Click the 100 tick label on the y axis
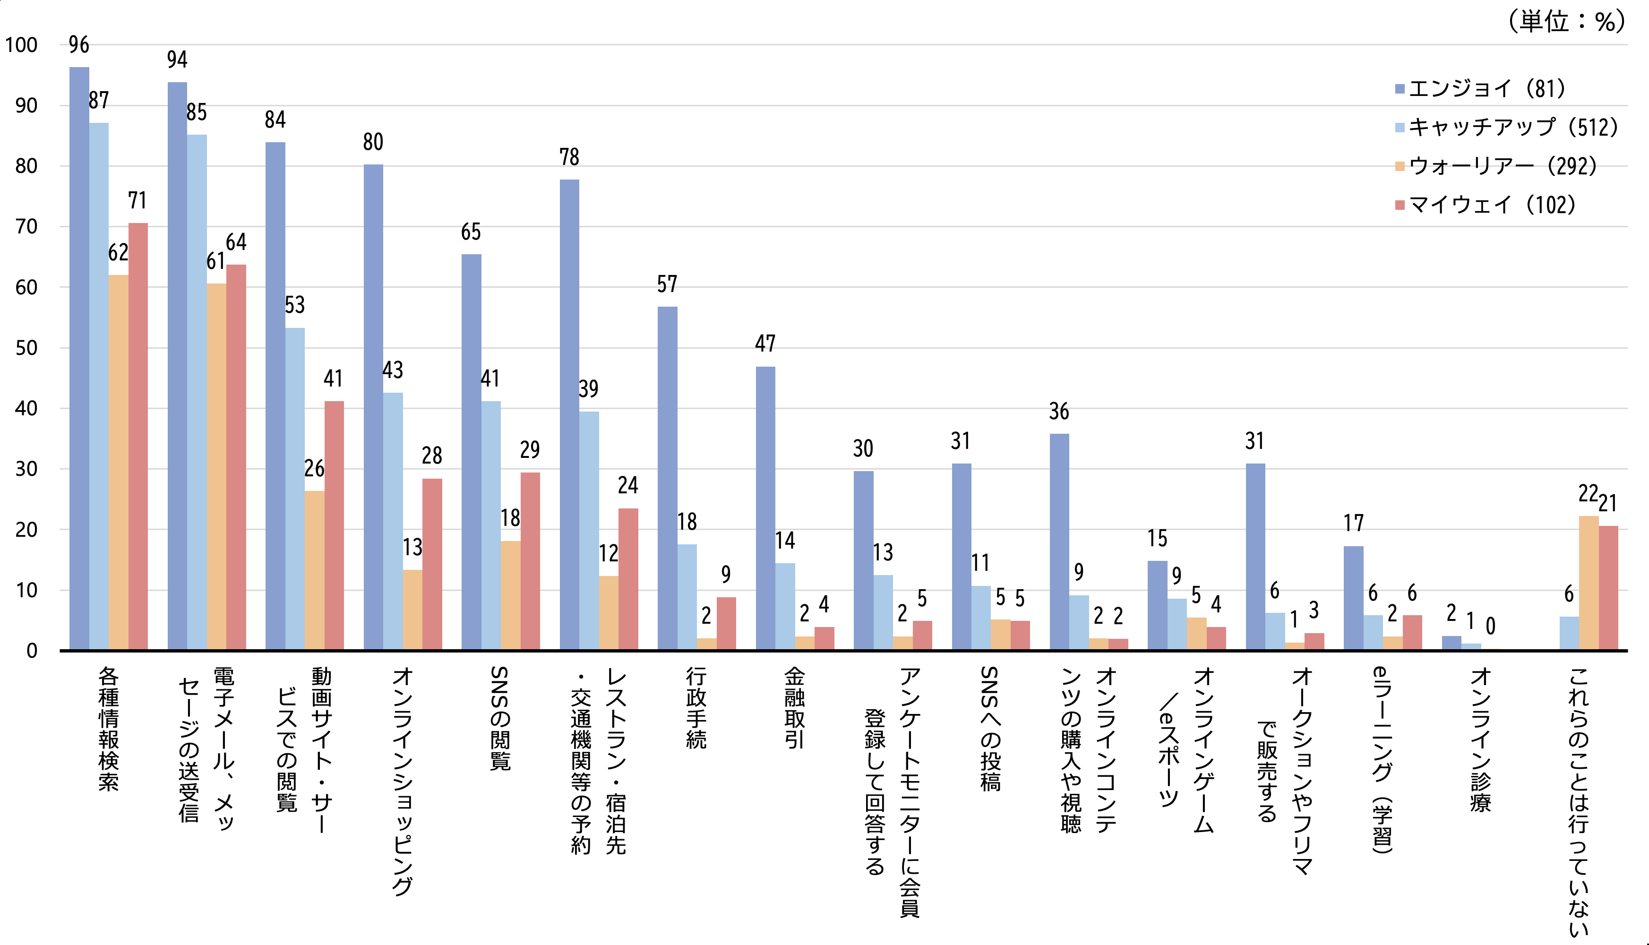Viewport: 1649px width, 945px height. tap(21, 45)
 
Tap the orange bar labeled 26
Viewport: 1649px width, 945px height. tap(314, 570)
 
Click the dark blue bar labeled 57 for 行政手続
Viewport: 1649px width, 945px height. tap(667, 478)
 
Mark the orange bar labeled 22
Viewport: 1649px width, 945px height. tap(1588, 582)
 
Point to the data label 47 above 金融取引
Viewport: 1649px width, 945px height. tap(765, 344)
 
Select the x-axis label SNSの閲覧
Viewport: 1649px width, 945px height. tap(500, 718)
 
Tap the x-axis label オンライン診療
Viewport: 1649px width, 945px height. tap(1480, 739)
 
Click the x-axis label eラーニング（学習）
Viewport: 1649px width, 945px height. tap(1383, 759)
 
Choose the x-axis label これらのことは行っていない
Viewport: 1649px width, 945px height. tap(1578, 801)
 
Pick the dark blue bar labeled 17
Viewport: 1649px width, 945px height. tap(1353, 598)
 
